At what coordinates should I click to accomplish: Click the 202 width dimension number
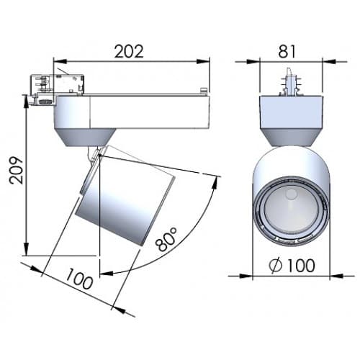130,50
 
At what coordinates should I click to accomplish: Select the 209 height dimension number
16,171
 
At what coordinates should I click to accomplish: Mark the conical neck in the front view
290,134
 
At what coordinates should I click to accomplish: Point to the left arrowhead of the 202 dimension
59,61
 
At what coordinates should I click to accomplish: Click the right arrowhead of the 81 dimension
326,61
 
